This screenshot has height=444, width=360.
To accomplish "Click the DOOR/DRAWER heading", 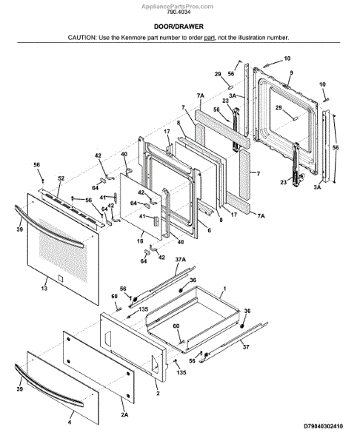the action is click(x=179, y=27).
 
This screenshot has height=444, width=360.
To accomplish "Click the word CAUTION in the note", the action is click(x=81, y=38).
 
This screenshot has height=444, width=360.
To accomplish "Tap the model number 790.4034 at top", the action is click(x=179, y=12).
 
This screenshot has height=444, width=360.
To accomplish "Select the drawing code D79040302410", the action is click(x=323, y=426).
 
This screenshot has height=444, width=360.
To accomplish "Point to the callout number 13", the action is click(x=44, y=289).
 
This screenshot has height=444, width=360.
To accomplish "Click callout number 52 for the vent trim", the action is click(x=61, y=178).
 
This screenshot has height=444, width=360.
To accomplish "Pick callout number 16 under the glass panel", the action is click(x=140, y=241).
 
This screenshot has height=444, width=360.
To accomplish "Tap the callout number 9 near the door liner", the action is click(x=291, y=73).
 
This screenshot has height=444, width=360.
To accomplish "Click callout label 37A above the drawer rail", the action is click(x=181, y=259).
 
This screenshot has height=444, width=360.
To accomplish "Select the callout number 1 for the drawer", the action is click(x=224, y=289).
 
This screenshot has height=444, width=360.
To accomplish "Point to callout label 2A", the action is click(x=124, y=414).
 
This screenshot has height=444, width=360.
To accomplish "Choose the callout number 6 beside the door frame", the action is click(x=209, y=230).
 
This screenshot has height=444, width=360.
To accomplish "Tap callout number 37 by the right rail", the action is click(x=246, y=346).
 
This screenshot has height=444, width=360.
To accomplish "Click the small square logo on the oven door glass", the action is click(x=60, y=278).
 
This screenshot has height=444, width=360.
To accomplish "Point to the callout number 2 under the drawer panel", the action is click(x=158, y=393).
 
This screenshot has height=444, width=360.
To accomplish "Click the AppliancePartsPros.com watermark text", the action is click(x=178, y=6).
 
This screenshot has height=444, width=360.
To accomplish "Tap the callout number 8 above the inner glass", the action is click(x=179, y=123).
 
